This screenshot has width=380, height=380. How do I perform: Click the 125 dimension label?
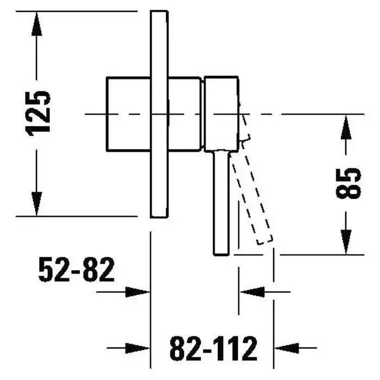(38, 113)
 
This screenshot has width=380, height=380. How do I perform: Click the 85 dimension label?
(349, 183)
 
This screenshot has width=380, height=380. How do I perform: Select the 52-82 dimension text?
(76, 269)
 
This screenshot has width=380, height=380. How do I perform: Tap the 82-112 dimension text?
(213, 349)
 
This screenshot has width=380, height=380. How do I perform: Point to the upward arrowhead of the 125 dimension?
(36, 24)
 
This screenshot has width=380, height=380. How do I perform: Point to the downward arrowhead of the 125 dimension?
(36, 204)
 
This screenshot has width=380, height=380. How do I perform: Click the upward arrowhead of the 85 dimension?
(346, 127)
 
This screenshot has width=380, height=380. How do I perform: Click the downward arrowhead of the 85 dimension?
(346, 242)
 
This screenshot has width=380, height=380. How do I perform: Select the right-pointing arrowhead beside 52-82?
(137, 292)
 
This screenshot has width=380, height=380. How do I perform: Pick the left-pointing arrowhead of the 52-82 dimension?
(252, 292)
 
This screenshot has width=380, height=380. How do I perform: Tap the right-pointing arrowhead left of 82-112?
(137, 349)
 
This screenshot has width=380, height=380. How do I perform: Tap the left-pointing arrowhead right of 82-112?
(287, 349)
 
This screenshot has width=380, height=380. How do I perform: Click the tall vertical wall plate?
(159, 114)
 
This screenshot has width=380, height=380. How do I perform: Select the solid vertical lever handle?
(221, 202)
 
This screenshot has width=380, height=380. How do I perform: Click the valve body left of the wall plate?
(129, 114)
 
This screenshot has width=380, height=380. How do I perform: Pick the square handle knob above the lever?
(221, 114)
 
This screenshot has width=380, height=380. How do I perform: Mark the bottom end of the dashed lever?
(265, 240)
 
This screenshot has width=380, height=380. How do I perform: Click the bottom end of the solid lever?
(221, 255)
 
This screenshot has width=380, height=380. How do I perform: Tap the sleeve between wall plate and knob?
(185, 114)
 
